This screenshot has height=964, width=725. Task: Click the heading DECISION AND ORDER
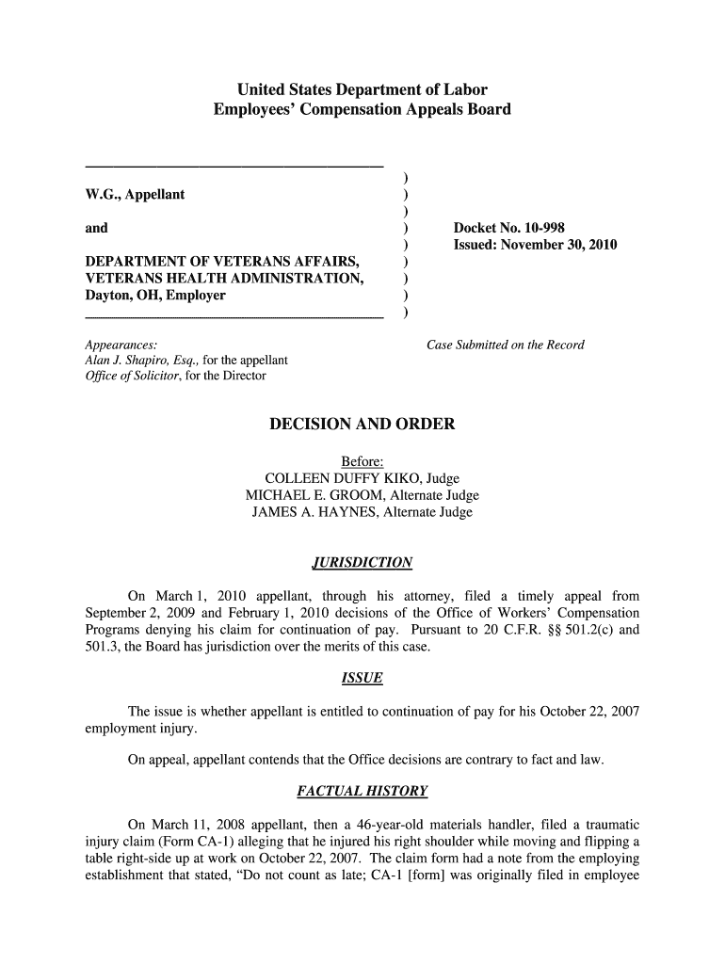362,425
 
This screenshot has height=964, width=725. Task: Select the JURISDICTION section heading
362,563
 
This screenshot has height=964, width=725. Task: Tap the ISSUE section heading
362,679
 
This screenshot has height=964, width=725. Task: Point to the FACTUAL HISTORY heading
362,790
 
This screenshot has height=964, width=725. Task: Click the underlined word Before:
362,461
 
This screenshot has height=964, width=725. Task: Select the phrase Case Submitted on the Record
506,345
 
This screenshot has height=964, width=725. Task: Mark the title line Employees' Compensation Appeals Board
362,110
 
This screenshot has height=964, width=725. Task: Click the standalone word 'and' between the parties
96,228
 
